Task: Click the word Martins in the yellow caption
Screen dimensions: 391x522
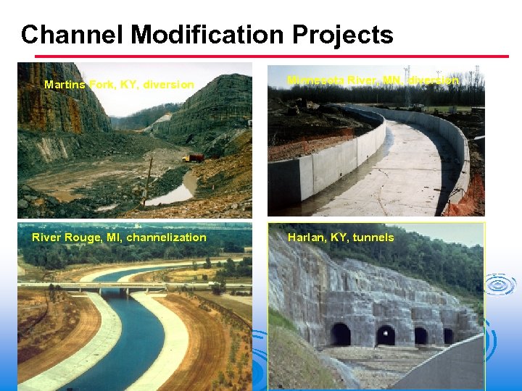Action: click(x=65, y=85)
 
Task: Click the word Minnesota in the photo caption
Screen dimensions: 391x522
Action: click(x=315, y=80)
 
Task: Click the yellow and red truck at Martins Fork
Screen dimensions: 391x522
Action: click(x=194, y=157)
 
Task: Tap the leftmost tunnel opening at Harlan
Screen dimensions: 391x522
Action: click(x=340, y=334)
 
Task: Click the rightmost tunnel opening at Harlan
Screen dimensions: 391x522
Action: click(x=449, y=336)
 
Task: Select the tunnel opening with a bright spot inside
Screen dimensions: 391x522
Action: click(x=386, y=335)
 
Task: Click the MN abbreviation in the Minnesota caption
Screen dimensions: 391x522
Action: click(x=391, y=80)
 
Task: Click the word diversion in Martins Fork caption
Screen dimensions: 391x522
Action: click(x=168, y=85)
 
